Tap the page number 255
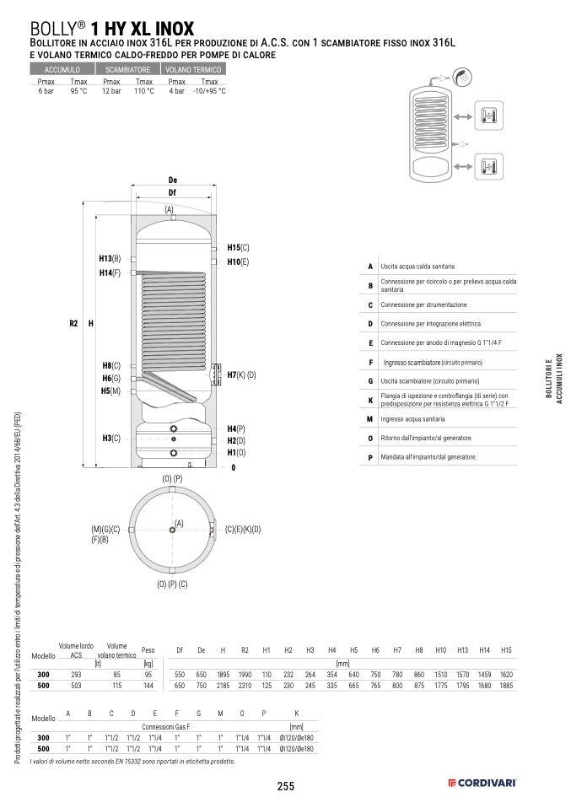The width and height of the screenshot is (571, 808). [x=285, y=786]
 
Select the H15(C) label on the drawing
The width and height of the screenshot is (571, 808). [x=240, y=248]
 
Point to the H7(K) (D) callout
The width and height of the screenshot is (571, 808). [x=240, y=374]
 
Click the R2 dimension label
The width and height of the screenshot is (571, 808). [x=73, y=323]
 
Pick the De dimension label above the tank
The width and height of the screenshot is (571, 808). [x=172, y=180]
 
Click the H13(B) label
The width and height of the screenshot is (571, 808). [x=110, y=258]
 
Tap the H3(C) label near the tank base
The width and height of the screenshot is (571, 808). [x=111, y=438]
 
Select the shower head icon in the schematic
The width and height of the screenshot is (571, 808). [x=462, y=78]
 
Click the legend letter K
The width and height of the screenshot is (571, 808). [x=370, y=401]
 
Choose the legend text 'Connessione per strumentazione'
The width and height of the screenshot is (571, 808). [x=423, y=304]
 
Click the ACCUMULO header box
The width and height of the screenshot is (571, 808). [x=62, y=69]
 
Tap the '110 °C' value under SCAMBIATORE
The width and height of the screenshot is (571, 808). [x=143, y=91]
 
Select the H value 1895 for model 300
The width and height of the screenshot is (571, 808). [x=223, y=676]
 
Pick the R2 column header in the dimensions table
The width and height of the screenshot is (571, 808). [x=245, y=650]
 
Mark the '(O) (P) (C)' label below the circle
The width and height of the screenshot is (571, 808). [x=172, y=584]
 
